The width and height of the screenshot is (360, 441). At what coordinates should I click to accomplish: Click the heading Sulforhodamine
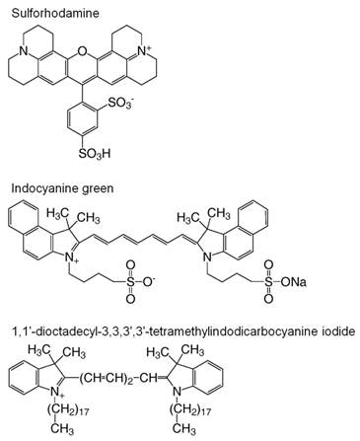point(55,13)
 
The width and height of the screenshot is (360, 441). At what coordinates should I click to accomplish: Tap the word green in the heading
point(98,189)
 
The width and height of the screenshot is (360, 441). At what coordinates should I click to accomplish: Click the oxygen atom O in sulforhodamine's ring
point(82,50)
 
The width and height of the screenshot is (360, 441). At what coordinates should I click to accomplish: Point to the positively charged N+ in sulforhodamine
point(144,50)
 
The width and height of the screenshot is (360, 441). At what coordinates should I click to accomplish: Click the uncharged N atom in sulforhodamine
point(23,50)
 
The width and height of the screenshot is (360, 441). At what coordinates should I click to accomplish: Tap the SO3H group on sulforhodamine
point(95,153)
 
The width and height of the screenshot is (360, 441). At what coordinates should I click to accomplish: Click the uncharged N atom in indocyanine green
point(206,257)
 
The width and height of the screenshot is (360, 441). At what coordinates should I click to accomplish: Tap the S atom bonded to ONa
point(268,282)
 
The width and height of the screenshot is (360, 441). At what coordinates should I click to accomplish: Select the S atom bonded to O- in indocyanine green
point(130,282)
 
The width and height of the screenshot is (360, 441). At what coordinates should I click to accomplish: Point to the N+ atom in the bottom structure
point(55,392)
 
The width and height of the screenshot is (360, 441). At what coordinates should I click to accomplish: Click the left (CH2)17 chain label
point(68,409)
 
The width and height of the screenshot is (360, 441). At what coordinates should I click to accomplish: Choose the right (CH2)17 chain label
point(190,409)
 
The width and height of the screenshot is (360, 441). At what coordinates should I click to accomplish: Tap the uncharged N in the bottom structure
point(177,392)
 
